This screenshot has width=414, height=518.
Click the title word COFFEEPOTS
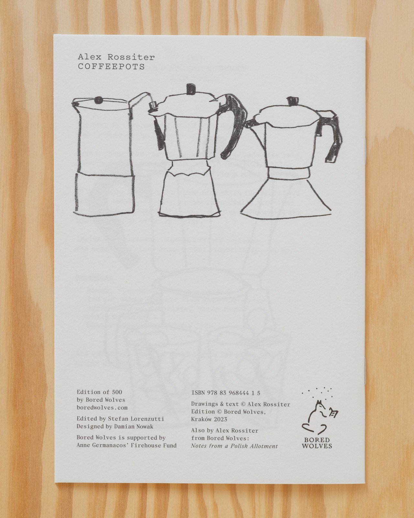(111, 67)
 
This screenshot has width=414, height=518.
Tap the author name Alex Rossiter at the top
(116, 57)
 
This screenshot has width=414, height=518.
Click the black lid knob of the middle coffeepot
(191, 89)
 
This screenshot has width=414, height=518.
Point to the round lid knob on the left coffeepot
(98, 100)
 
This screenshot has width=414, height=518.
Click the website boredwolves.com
(102, 408)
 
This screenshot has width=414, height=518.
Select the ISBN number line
(226, 393)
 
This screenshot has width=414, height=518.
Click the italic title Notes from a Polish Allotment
(234, 446)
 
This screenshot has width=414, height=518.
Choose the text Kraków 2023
(209, 419)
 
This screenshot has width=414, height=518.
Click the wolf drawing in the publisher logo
(318, 416)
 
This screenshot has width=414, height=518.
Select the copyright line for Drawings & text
(241, 404)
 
